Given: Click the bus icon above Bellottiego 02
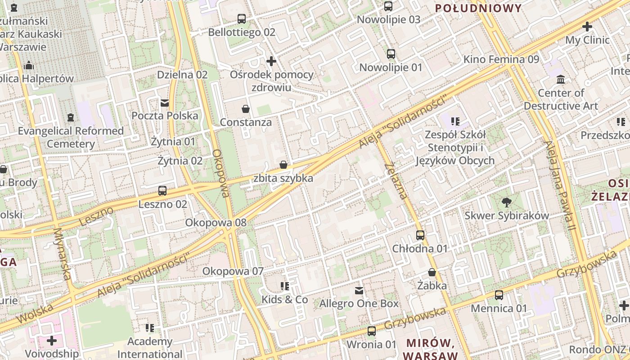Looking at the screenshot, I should (x=242, y=19).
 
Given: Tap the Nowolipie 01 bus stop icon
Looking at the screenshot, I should (x=391, y=54).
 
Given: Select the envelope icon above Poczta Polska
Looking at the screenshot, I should (x=165, y=103).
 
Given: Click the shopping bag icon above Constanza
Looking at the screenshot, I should (x=246, y=109).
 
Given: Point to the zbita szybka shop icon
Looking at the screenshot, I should (x=283, y=165).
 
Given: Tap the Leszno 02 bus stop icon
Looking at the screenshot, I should (x=162, y=191).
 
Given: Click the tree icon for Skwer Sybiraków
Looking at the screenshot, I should (x=507, y=202).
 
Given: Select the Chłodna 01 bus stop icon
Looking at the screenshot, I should (x=420, y=235).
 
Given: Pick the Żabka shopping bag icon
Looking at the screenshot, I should (x=432, y=272).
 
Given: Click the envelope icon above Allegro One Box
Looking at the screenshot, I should (x=359, y=291).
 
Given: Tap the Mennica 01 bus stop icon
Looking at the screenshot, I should (x=499, y=295).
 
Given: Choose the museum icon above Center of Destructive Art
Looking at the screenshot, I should (x=561, y=80).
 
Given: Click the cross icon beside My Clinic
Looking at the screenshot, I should (x=587, y=27).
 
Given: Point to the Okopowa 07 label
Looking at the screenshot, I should (x=233, y=271).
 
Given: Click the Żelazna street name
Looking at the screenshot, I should (x=396, y=180).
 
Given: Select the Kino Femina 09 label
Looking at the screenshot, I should (x=501, y=59).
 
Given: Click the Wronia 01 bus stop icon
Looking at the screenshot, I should (x=372, y=331).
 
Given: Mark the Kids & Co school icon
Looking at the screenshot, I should (x=284, y=286).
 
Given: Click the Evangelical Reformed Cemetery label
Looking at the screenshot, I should (x=71, y=137).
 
